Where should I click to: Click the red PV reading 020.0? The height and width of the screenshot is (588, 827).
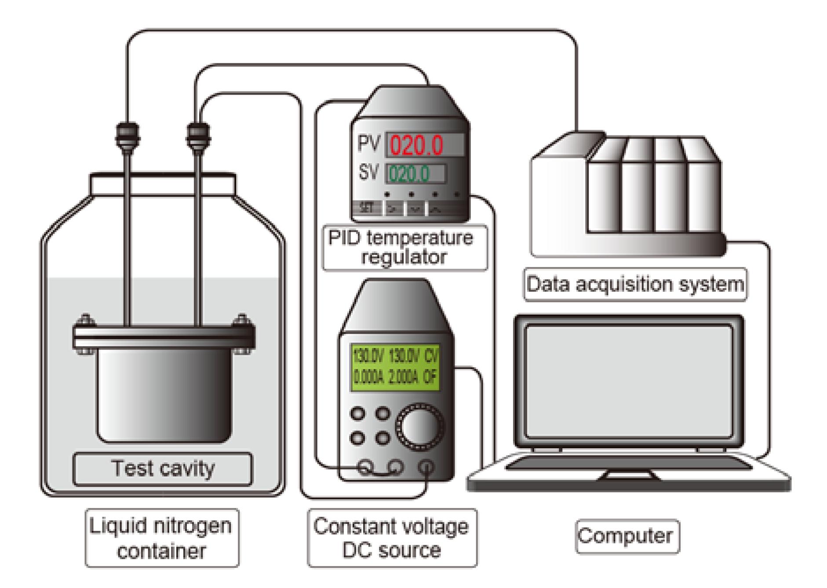[x=416, y=146]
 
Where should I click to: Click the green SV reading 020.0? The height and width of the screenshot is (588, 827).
[x=409, y=174]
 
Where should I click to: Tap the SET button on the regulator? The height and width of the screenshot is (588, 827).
[x=367, y=208]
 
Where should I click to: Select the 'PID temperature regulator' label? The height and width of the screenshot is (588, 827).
[x=404, y=248]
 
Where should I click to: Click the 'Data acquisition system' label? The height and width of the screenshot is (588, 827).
[x=635, y=284]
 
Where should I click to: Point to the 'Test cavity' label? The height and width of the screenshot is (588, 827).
[x=163, y=468]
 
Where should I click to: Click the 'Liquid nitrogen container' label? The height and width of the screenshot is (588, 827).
[x=161, y=538]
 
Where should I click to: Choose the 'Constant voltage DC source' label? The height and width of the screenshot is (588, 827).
[x=391, y=538]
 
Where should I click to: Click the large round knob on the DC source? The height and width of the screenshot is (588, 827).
[x=419, y=426]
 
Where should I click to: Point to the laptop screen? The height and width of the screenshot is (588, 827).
[x=629, y=381]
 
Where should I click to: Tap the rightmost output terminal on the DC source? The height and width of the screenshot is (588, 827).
[x=426, y=467]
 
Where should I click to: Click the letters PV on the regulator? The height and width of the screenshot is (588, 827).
[x=368, y=143]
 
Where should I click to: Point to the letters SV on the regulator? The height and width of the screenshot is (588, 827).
[x=368, y=172]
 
